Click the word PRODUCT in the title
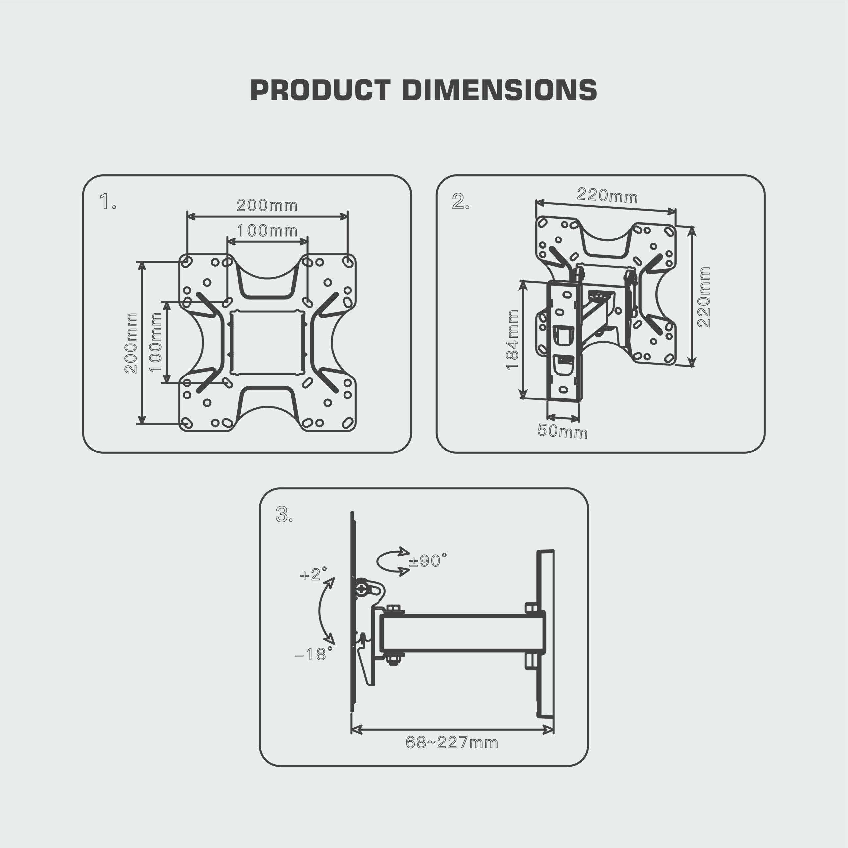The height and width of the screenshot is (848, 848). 320,90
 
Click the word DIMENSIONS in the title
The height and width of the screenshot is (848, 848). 499,90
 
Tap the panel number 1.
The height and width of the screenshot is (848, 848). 107,202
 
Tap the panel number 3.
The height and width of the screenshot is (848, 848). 284,514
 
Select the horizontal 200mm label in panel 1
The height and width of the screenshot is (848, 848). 267,205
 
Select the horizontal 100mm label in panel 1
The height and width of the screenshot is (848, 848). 267,231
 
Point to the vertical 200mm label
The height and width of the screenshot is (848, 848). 131,343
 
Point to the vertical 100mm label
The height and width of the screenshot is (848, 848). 156,343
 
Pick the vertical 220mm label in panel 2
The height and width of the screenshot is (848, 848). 704,297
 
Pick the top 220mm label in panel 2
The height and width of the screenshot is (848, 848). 607,196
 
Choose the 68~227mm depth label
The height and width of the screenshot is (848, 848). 451,743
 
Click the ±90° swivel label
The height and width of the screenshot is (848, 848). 428,561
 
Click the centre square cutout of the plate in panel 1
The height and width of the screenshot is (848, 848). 267,343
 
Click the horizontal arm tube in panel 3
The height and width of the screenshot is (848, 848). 461,633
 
